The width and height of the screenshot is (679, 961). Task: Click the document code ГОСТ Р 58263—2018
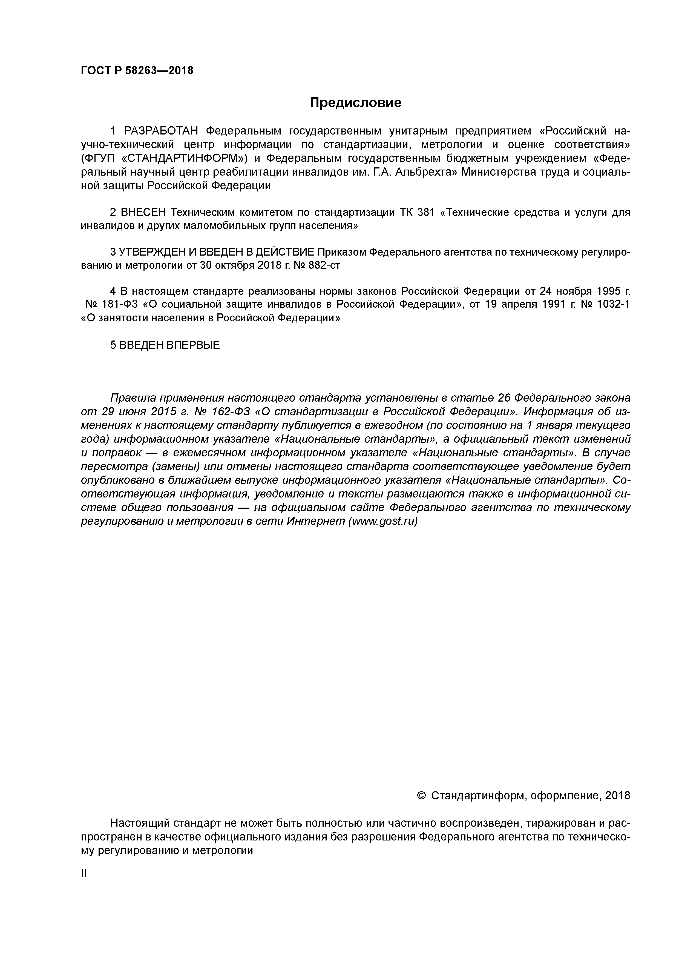point(137,70)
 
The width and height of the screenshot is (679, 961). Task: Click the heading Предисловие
point(355,102)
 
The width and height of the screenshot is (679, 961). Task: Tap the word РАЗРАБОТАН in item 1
point(161,131)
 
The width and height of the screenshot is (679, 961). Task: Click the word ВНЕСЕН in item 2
point(143,212)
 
